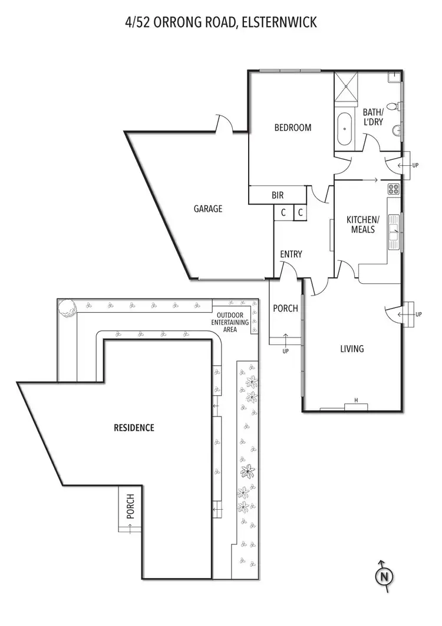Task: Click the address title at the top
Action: [x=221, y=23]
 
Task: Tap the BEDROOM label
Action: [x=292, y=127]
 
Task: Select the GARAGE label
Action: [x=208, y=208]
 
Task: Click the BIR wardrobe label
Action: [x=278, y=195]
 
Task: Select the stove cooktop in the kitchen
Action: [x=394, y=189]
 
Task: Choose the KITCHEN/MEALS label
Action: [x=362, y=225]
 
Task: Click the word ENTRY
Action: [x=291, y=254]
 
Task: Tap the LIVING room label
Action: [x=352, y=349]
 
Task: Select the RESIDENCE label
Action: [x=134, y=428]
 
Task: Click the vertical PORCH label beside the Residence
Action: [x=130, y=506]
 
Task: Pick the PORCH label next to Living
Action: [x=286, y=309]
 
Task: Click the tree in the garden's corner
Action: [x=67, y=307]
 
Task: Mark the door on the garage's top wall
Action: [x=224, y=124]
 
